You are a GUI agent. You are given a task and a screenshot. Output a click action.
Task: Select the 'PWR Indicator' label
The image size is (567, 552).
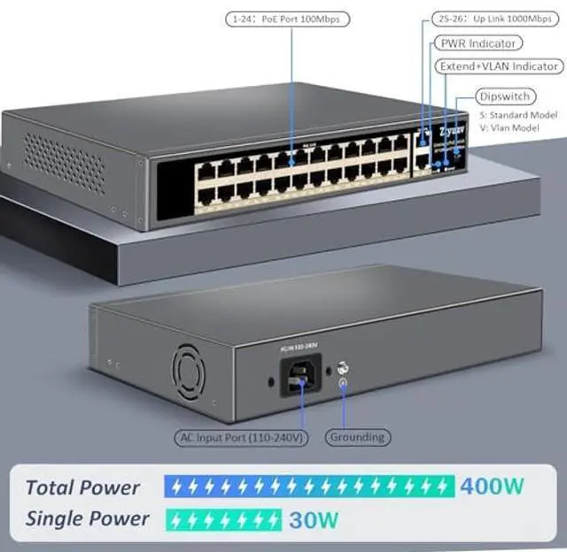click(x=477, y=42)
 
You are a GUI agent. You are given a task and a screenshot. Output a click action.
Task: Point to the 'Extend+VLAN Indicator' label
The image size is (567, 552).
click(x=499, y=66)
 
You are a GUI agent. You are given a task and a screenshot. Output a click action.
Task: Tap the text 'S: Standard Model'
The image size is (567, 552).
click(x=517, y=115)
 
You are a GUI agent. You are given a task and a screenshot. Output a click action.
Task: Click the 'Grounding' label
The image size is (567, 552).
click(x=357, y=437)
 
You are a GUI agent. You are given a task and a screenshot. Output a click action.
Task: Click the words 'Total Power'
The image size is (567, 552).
click(x=82, y=487)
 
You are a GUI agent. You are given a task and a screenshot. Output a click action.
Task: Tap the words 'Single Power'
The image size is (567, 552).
click(x=87, y=518)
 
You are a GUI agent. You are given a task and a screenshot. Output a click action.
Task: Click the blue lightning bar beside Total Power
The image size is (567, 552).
click(x=310, y=486)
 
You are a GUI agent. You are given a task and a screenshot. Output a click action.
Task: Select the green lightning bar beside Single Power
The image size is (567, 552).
click(x=224, y=519)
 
